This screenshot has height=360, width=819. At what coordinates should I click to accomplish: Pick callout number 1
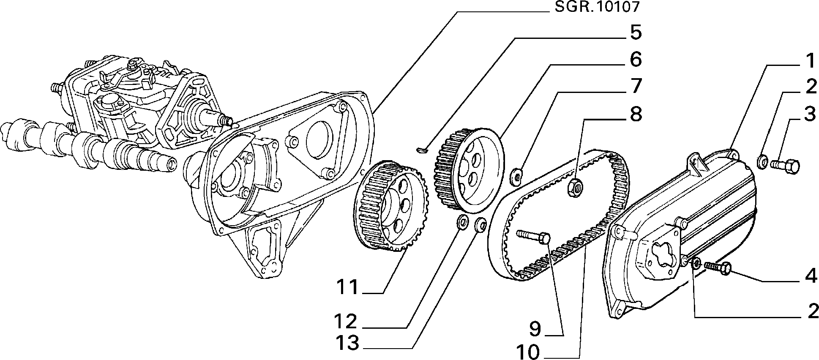[x=808, y=61]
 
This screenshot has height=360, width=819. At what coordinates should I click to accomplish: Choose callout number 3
[x=809, y=114]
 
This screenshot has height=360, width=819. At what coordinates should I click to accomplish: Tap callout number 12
[x=348, y=322]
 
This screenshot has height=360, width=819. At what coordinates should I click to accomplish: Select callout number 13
[x=348, y=343]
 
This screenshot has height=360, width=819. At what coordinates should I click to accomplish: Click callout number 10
[x=528, y=352]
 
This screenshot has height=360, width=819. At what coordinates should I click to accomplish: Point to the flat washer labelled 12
[x=464, y=222]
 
